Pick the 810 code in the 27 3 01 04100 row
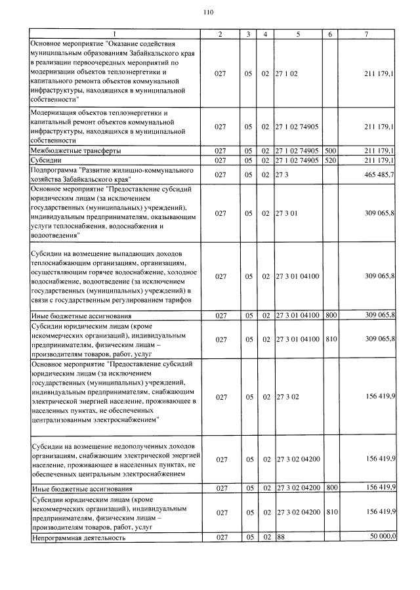pyautogui.click(x=331, y=339)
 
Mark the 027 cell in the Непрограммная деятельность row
pyautogui.click(x=220, y=537)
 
